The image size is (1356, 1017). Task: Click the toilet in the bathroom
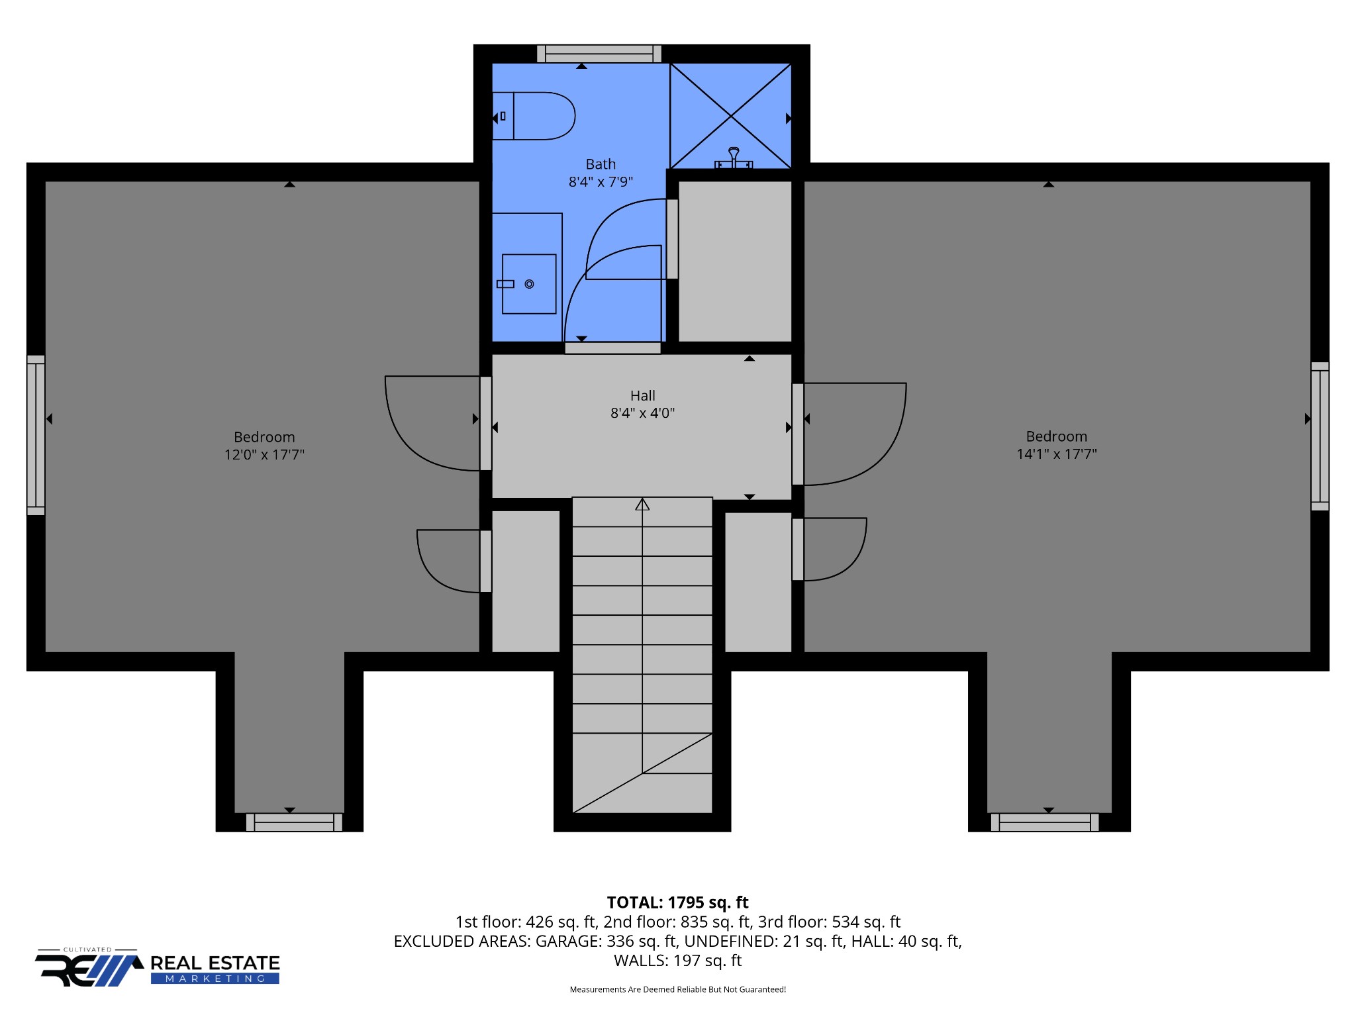click(x=534, y=116)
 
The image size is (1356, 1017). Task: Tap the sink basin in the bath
click(x=528, y=284)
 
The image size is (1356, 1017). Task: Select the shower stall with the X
click(x=730, y=116)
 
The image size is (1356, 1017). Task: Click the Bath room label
click(x=601, y=164)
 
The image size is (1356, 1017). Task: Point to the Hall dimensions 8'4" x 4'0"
click(x=642, y=413)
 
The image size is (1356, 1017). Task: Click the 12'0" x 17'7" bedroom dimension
click(x=264, y=455)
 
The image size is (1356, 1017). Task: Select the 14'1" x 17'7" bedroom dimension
click(x=1057, y=454)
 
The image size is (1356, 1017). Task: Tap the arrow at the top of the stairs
click(x=642, y=505)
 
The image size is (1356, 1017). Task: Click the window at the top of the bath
click(x=599, y=54)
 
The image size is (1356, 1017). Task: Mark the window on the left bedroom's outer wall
click(x=36, y=435)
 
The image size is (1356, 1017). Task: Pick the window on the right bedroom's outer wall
click(x=1320, y=436)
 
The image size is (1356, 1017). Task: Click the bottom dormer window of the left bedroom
click(x=294, y=822)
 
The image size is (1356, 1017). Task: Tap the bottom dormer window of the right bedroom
click(x=1045, y=822)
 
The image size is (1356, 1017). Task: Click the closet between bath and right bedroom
click(x=735, y=262)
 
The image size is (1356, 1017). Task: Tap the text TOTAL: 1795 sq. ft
click(x=677, y=902)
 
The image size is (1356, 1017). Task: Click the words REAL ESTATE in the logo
click(x=215, y=963)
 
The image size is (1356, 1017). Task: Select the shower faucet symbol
click(x=734, y=159)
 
